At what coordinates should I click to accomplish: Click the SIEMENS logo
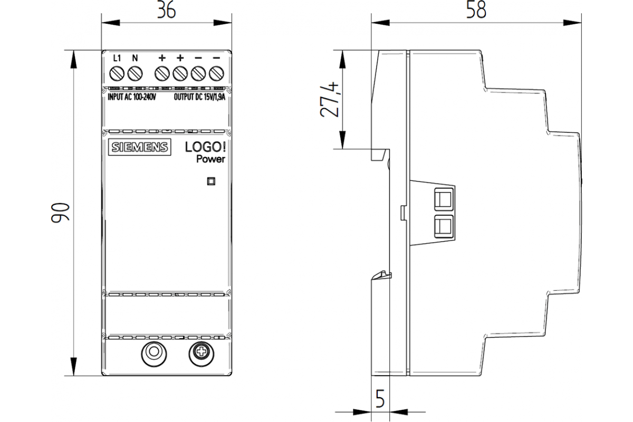pyautogui.click(x=140, y=148)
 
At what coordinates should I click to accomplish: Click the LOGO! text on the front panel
pyautogui.click(x=205, y=148)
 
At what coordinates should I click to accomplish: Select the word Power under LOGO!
pyautogui.click(x=210, y=159)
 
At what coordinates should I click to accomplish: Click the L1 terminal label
pyautogui.click(x=118, y=57)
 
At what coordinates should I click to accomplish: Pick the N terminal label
pyautogui.click(x=135, y=57)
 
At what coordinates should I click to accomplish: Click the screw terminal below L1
pyautogui.click(x=117, y=72)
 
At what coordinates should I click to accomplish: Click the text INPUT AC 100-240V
pyautogui.click(x=132, y=97)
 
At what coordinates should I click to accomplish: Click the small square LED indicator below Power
pyautogui.click(x=211, y=181)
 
